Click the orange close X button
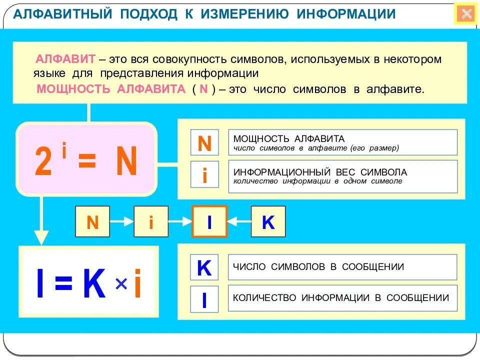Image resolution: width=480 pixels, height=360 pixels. (466, 14)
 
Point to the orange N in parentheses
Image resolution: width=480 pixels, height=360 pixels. (203, 89)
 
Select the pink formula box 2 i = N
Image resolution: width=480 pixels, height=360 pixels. (86, 159)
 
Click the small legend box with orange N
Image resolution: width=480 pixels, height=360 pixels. (204, 143)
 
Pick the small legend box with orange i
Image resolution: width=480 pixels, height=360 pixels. (204, 175)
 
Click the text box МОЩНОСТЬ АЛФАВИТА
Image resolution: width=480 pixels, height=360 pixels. (342, 142)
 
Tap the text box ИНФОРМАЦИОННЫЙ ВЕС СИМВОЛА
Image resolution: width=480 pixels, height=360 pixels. (342, 176)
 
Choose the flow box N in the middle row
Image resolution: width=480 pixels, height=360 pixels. (92, 221)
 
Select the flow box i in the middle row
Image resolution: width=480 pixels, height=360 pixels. (151, 221)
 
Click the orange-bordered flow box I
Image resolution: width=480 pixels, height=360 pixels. (209, 221)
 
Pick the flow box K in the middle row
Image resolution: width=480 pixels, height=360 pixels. (268, 221)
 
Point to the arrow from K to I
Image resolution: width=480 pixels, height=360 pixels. (239, 221)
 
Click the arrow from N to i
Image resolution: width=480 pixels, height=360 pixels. (121, 221)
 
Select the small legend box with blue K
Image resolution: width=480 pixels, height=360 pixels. (204, 268)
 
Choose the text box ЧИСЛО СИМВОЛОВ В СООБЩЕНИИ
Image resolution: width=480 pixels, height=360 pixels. (342, 267)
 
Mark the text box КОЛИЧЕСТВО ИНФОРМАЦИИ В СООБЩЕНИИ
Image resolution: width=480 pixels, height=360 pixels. (342, 298)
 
